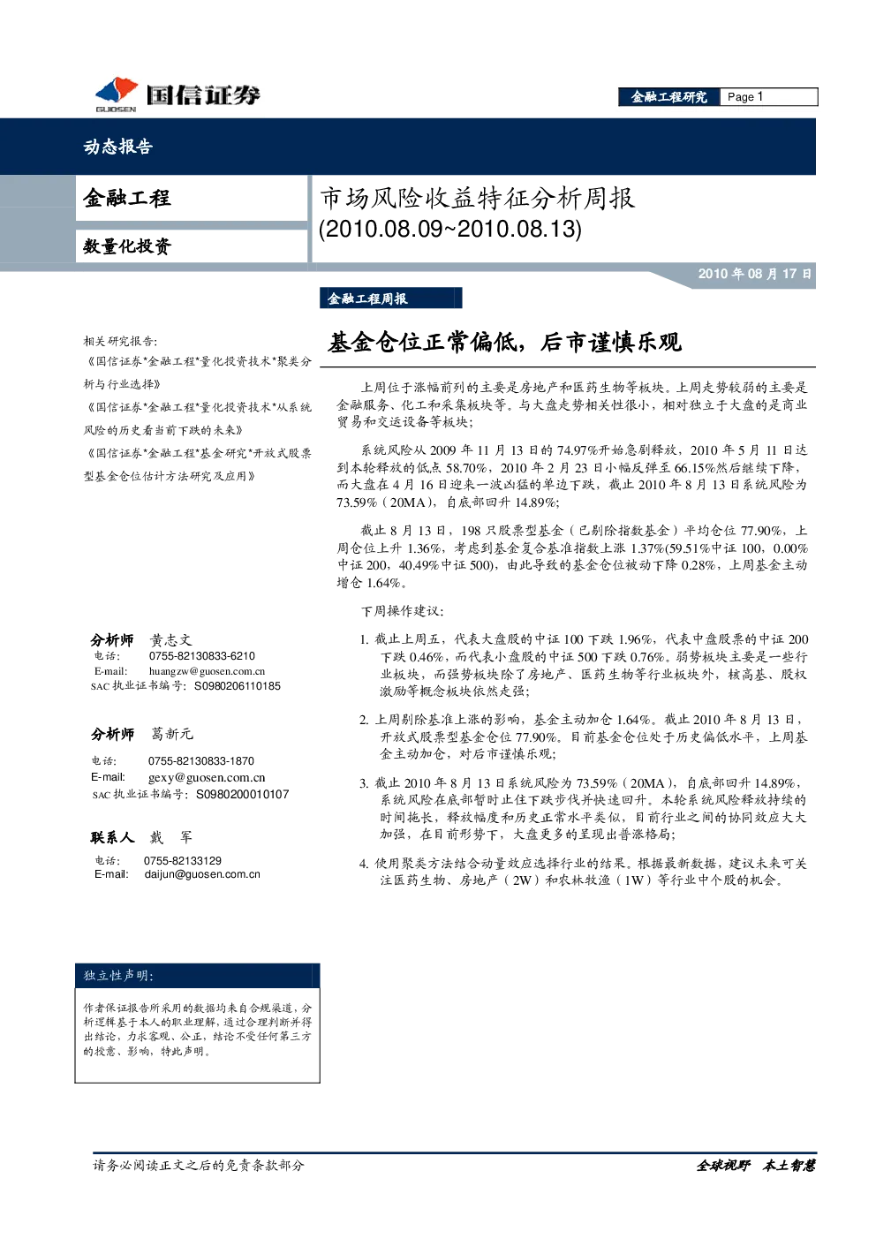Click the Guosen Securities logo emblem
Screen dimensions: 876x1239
117,92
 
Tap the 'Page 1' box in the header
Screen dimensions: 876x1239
768,97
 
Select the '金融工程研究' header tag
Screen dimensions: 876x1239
669,97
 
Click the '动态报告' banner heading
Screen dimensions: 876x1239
117,146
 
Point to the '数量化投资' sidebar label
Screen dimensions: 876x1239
127,246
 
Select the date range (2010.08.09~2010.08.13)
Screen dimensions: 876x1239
450,229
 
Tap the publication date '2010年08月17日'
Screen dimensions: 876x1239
754,273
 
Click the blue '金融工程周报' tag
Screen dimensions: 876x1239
390,298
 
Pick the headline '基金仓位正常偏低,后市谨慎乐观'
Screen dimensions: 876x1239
504,343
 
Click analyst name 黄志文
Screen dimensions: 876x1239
171,640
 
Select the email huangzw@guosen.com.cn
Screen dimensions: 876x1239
207,671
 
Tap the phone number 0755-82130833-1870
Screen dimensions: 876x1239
201,760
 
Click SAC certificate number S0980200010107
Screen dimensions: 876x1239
243,794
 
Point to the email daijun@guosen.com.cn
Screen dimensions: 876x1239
202,874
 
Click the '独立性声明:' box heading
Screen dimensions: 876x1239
119,975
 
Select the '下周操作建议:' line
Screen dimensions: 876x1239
403,610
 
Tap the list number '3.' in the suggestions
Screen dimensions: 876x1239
364,783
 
